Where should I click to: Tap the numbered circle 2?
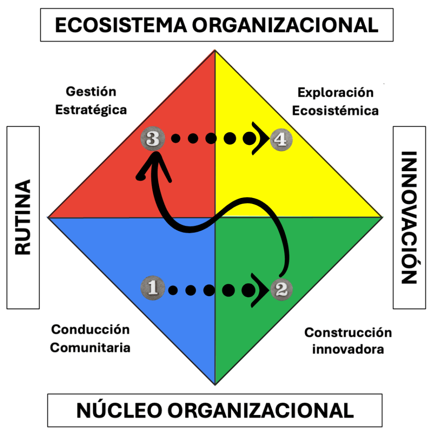[x=281, y=290]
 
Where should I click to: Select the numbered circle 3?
[x=153, y=138]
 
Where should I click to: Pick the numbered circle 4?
[x=281, y=139]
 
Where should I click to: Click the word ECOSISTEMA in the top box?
[x=121, y=25]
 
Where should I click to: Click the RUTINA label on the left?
[x=23, y=217]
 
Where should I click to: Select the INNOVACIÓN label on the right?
[x=409, y=217]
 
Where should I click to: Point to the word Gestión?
[x=91, y=91]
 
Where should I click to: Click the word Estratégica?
[x=91, y=110]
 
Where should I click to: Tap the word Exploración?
[x=335, y=92]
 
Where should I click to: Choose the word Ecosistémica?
[x=335, y=111]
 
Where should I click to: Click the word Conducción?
[x=90, y=329]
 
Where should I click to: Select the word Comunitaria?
[x=90, y=347]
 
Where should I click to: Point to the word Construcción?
[x=348, y=332]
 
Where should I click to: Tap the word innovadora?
[x=348, y=350]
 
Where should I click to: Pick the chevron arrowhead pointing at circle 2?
[x=261, y=290]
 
